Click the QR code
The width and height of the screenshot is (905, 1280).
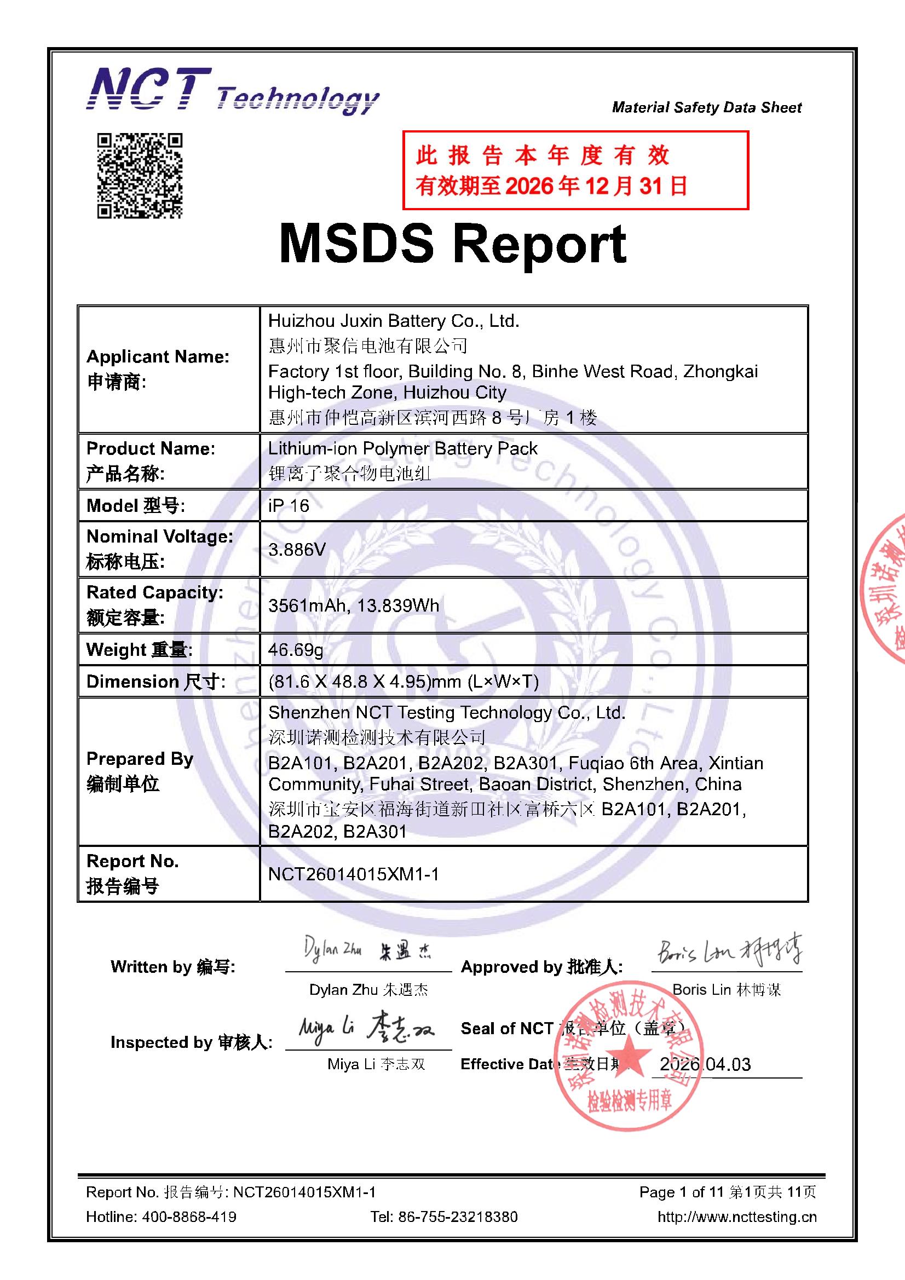click(140, 175)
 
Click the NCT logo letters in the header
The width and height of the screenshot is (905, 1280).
click(149, 89)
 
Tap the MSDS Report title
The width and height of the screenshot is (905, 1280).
click(452, 244)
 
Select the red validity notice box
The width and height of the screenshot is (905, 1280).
click(575, 171)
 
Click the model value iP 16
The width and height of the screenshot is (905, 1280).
click(289, 506)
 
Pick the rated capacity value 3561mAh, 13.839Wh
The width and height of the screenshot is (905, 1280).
click(354, 606)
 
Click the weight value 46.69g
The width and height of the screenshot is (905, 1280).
click(296, 649)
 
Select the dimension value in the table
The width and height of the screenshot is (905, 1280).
click(403, 681)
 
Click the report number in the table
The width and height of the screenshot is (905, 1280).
click(354, 874)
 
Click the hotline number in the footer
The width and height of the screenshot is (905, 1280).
click(189, 1216)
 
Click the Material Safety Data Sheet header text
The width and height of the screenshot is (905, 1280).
click(706, 107)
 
